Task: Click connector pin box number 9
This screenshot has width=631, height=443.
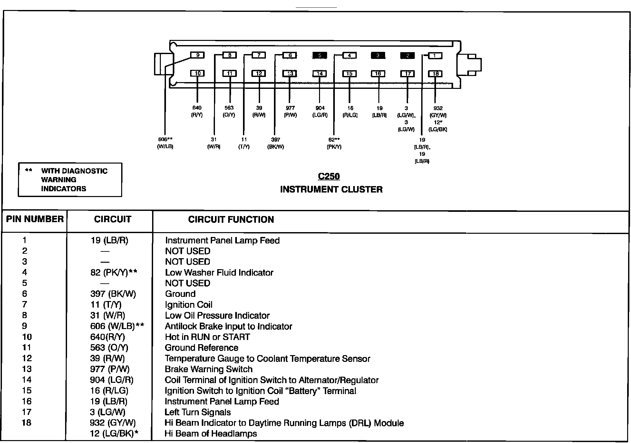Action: tap(198, 55)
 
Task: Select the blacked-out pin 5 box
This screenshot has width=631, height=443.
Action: tap(319, 55)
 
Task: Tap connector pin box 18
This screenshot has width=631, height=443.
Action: tap(435, 74)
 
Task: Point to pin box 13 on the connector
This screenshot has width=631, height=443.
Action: tap(290, 73)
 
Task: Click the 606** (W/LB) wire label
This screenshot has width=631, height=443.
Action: tap(165, 143)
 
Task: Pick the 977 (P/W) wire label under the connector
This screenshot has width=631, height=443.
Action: tap(290, 111)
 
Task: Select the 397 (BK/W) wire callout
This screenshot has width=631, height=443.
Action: tap(276, 143)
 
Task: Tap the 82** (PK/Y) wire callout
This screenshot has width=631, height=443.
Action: tap(334, 143)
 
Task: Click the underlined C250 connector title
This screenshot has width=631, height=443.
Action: tap(329, 176)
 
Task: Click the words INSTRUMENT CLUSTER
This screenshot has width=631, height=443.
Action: tap(331, 189)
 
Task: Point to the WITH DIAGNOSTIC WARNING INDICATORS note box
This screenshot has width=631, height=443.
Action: tap(70, 180)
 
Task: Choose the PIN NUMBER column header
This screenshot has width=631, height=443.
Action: tap(35, 219)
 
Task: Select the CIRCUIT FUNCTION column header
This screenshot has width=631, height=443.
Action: tap(231, 220)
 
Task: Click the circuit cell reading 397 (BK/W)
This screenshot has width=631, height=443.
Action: tap(113, 294)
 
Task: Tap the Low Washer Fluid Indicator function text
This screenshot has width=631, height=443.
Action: tap(219, 273)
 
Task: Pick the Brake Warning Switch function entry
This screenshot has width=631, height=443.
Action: tap(209, 369)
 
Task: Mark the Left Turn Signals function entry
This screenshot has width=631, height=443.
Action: tap(198, 412)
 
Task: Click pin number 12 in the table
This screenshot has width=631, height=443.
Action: tap(27, 358)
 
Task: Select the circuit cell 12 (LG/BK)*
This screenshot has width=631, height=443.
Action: tap(114, 434)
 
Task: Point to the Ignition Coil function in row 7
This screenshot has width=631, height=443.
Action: tap(189, 305)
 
